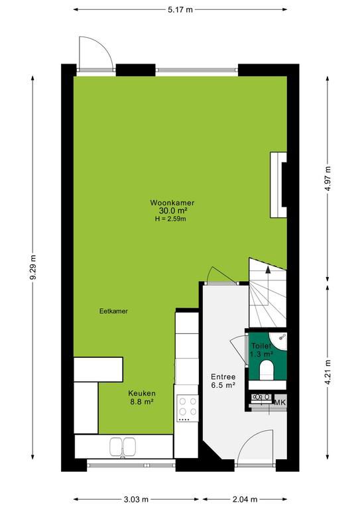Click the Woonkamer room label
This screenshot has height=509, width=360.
click(172, 203)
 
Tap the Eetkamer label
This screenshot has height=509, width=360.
click(113, 311)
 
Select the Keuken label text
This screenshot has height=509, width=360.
click(142, 393)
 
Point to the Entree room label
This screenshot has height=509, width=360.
click(223, 377)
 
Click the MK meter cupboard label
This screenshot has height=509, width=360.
click(280, 402)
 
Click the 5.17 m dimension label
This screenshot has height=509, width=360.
click(180, 10)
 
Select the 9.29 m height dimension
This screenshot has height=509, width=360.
click(32, 268)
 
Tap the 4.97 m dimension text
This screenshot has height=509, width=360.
click(328, 178)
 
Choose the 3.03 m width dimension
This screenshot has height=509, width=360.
click(136, 499)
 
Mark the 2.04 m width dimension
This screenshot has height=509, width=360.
click(245, 499)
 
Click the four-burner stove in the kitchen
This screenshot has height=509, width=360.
click(188, 408)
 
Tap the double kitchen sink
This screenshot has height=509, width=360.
click(123, 447)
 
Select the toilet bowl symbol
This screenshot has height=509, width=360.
click(267, 370)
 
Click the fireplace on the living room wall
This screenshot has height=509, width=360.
click(278, 185)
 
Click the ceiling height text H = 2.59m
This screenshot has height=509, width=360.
click(170, 219)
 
